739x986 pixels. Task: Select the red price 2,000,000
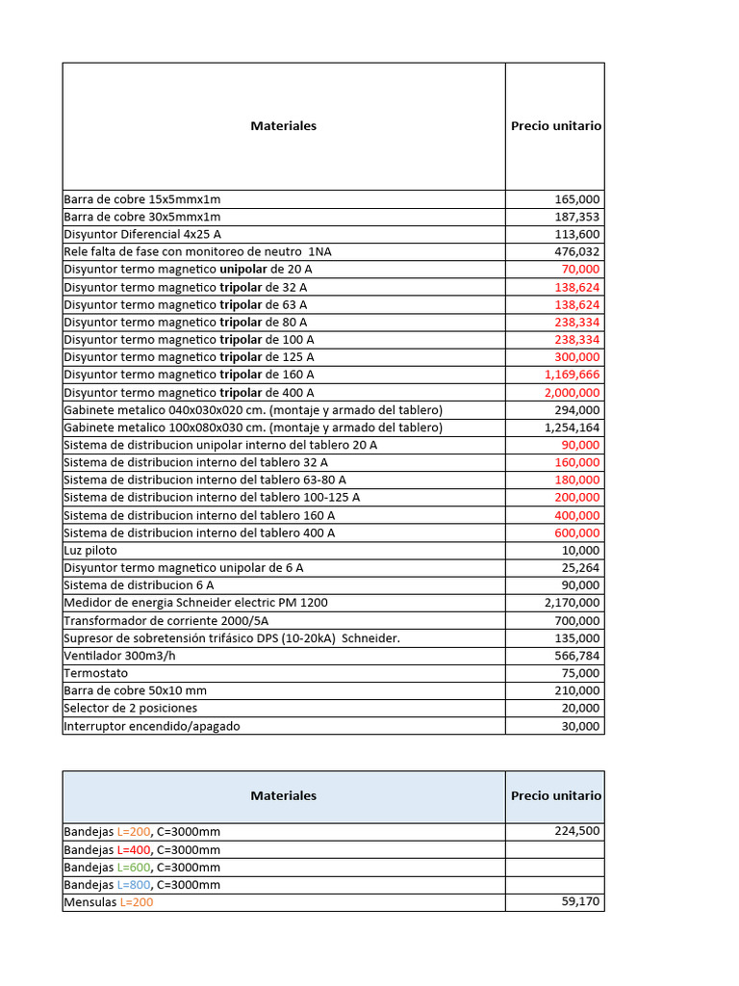pyautogui.click(x=572, y=392)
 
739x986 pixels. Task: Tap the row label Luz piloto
pyautogui.click(x=90, y=550)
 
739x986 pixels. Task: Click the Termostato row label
pyautogui.click(x=95, y=673)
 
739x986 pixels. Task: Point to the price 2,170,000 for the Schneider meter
pyautogui.click(x=572, y=603)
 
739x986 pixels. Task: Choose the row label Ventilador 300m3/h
pyautogui.click(x=119, y=656)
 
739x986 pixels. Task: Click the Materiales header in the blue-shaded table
pyautogui.click(x=283, y=796)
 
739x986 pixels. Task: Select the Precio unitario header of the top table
pyautogui.click(x=556, y=126)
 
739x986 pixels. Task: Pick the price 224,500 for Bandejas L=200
pyautogui.click(x=577, y=831)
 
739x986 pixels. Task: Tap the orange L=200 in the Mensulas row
pyautogui.click(x=136, y=902)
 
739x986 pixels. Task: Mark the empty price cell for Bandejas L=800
pyautogui.click(x=555, y=884)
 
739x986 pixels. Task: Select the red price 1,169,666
pyautogui.click(x=572, y=375)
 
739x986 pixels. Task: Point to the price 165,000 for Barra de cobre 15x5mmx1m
pyautogui.click(x=577, y=199)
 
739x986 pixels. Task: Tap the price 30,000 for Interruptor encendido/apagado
pyautogui.click(x=580, y=726)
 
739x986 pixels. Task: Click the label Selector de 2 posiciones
pyautogui.click(x=131, y=708)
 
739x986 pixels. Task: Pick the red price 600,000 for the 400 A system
pyautogui.click(x=576, y=532)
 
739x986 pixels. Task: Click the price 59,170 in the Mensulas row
pyautogui.click(x=580, y=902)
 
